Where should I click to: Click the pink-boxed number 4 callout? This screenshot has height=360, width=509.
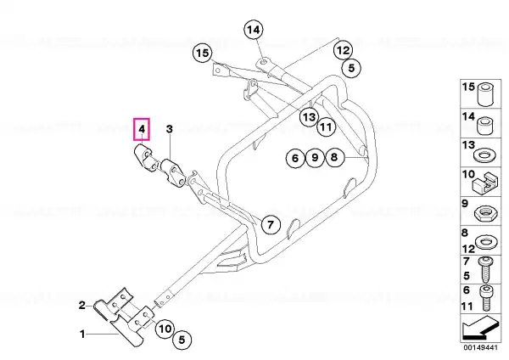click(x=142, y=129)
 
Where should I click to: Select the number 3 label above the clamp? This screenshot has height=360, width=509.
click(x=170, y=129)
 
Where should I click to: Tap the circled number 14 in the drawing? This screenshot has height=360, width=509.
click(x=254, y=30)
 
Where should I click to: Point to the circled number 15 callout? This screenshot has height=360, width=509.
click(x=203, y=53)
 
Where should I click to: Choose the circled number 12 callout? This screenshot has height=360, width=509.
click(x=343, y=50)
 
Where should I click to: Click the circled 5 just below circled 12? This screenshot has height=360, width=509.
click(x=351, y=68)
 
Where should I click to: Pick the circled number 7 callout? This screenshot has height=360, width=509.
click(x=271, y=224)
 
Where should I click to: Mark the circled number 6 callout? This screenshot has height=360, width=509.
click(x=295, y=158)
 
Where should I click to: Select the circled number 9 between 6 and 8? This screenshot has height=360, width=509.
click(x=315, y=158)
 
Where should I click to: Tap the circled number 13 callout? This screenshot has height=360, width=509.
click(x=309, y=116)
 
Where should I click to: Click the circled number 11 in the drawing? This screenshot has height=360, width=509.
click(x=326, y=127)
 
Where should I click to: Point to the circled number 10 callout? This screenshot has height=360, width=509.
click(x=165, y=329)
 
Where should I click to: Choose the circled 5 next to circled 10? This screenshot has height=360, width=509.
click(x=182, y=340)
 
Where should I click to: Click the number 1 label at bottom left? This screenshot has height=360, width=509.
click(x=82, y=334)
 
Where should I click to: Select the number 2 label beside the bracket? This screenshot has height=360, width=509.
click(x=82, y=305)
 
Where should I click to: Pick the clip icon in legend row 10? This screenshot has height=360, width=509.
click(x=484, y=184)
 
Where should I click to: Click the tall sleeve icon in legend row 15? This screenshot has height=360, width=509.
click(x=485, y=94)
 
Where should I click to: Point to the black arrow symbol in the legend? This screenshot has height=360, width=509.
click(x=479, y=328)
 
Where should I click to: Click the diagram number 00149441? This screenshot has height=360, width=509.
click(x=480, y=347)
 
